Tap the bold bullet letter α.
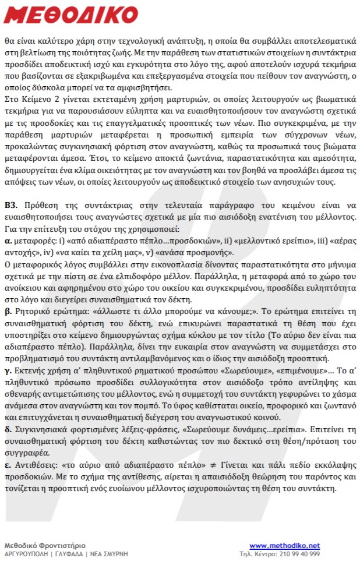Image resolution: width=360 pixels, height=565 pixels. click(8, 239)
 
